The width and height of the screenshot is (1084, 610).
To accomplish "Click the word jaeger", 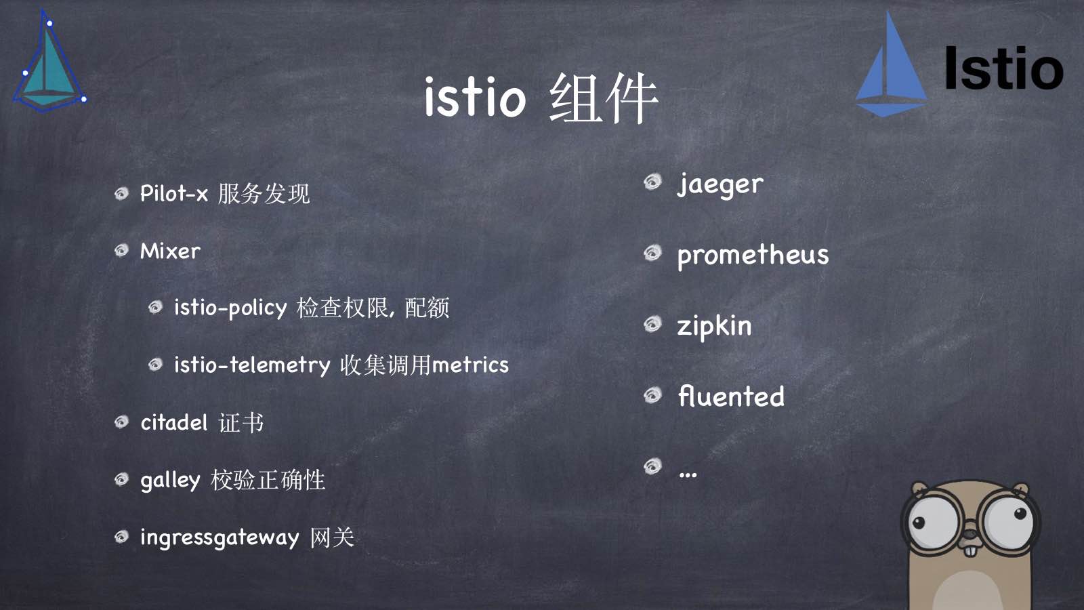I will (720, 184).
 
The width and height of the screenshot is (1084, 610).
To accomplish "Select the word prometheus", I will (753, 256).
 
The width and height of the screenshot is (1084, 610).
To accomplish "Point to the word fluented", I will (731, 396).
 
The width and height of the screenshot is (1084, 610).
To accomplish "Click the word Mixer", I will (170, 251).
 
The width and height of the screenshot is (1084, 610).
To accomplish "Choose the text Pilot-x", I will (173, 194).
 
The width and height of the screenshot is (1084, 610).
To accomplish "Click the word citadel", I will (173, 423).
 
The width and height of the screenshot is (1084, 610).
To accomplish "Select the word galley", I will (170, 481).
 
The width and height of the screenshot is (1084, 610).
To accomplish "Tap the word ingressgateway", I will (219, 538).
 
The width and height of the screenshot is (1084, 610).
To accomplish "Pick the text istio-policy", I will (230, 308).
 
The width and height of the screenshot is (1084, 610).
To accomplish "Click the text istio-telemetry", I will (252, 365).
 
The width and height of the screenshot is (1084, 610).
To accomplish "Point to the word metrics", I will (470, 365).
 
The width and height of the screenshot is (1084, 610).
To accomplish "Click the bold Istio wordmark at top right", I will (1003, 69).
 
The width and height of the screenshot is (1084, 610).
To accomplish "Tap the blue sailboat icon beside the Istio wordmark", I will (890, 68).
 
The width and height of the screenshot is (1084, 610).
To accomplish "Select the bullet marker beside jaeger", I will (652, 182).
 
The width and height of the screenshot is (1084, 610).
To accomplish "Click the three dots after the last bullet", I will (688, 474).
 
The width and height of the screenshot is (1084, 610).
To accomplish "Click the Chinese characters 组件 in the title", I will (603, 99).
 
